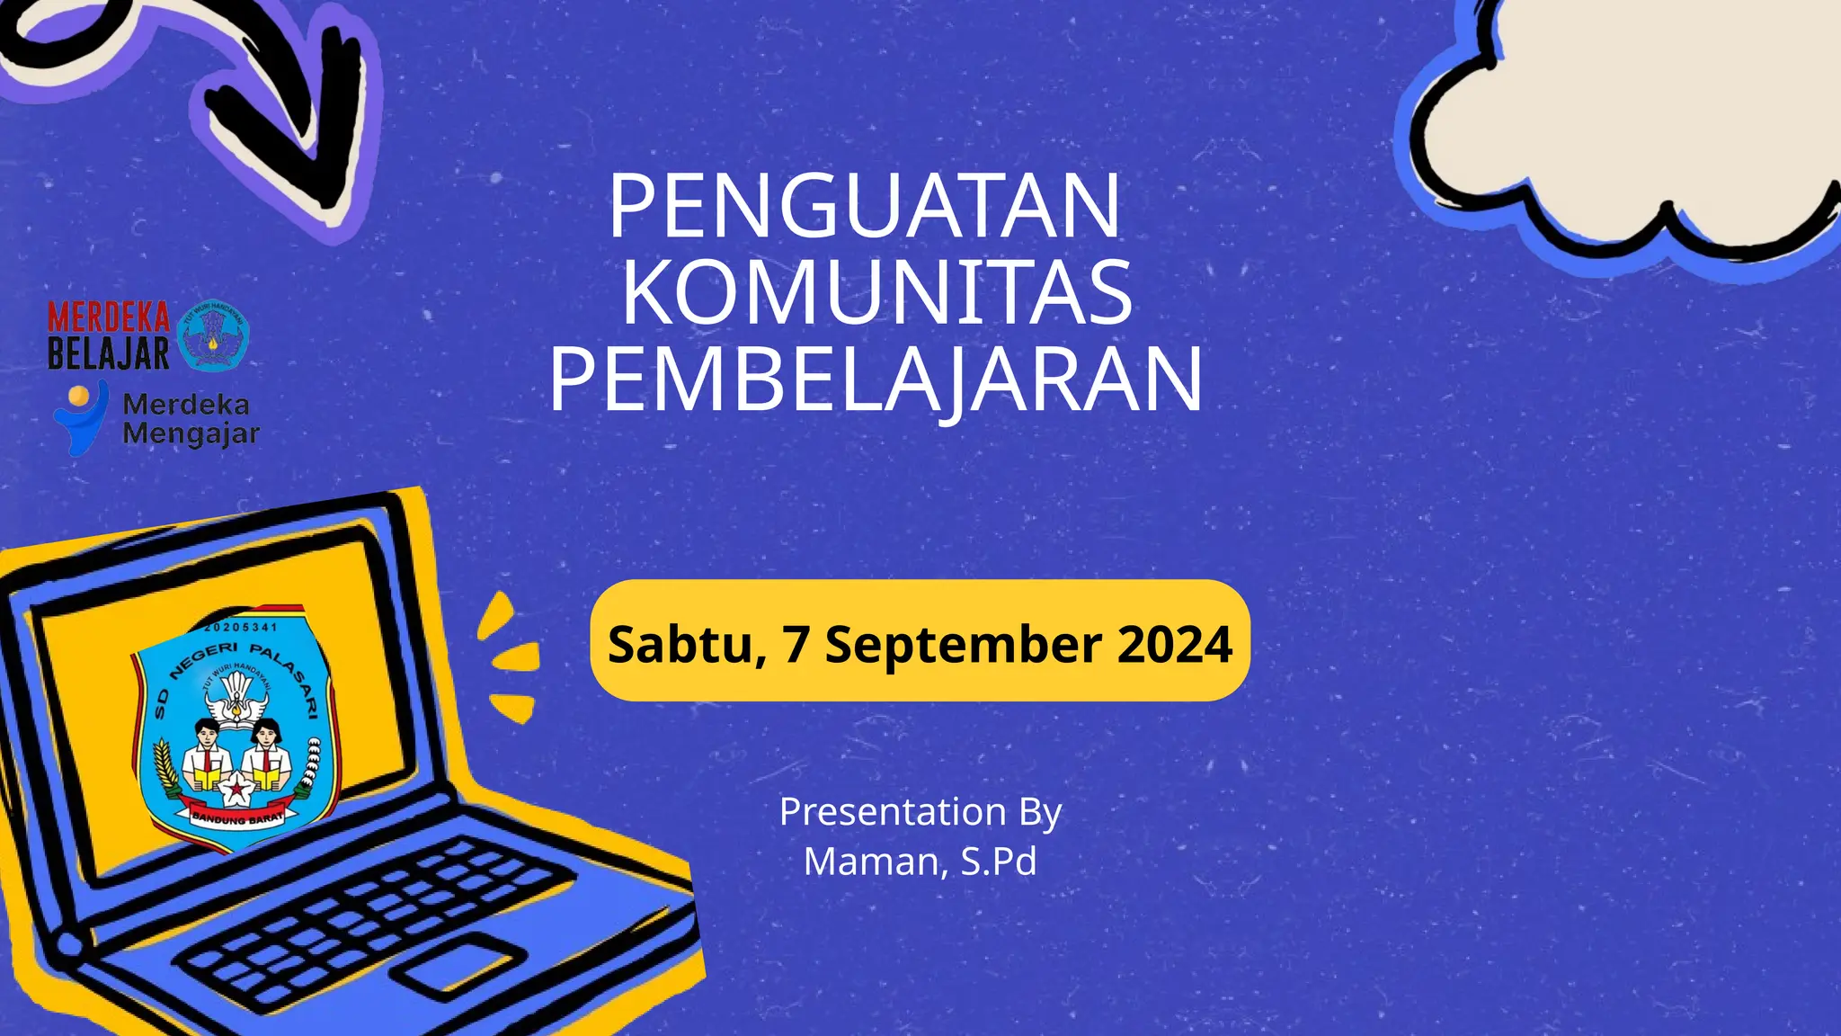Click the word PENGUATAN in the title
[x=865, y=206]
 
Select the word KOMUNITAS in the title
[x=876, y=292]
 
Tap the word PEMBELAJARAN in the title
[x=876, y=380]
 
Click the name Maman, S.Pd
[x=920, y=861]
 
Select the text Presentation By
[x=920, y=811]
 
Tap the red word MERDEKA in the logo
[x=109, y=317]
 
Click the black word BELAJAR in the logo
[x=109, y=353]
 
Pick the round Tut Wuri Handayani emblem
[x=213, y=335]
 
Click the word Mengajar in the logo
[x=191, y=433]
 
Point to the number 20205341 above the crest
[x=241, y=627]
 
